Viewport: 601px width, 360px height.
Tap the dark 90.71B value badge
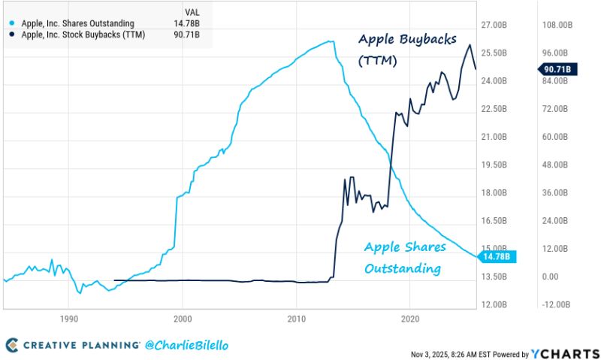point(556,69)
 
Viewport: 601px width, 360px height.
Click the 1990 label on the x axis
point(68,318)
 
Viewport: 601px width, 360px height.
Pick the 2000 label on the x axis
point(183,318)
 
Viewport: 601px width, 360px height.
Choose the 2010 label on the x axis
point(296,318)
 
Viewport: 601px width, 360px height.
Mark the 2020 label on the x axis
point(410,318)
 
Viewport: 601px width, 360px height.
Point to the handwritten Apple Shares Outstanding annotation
point(404,257)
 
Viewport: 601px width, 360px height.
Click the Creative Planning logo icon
point(12,345)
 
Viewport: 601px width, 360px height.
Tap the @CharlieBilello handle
point(186,345)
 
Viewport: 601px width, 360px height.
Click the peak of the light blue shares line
point(331,41)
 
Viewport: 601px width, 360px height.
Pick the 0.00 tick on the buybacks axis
point(552,277)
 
